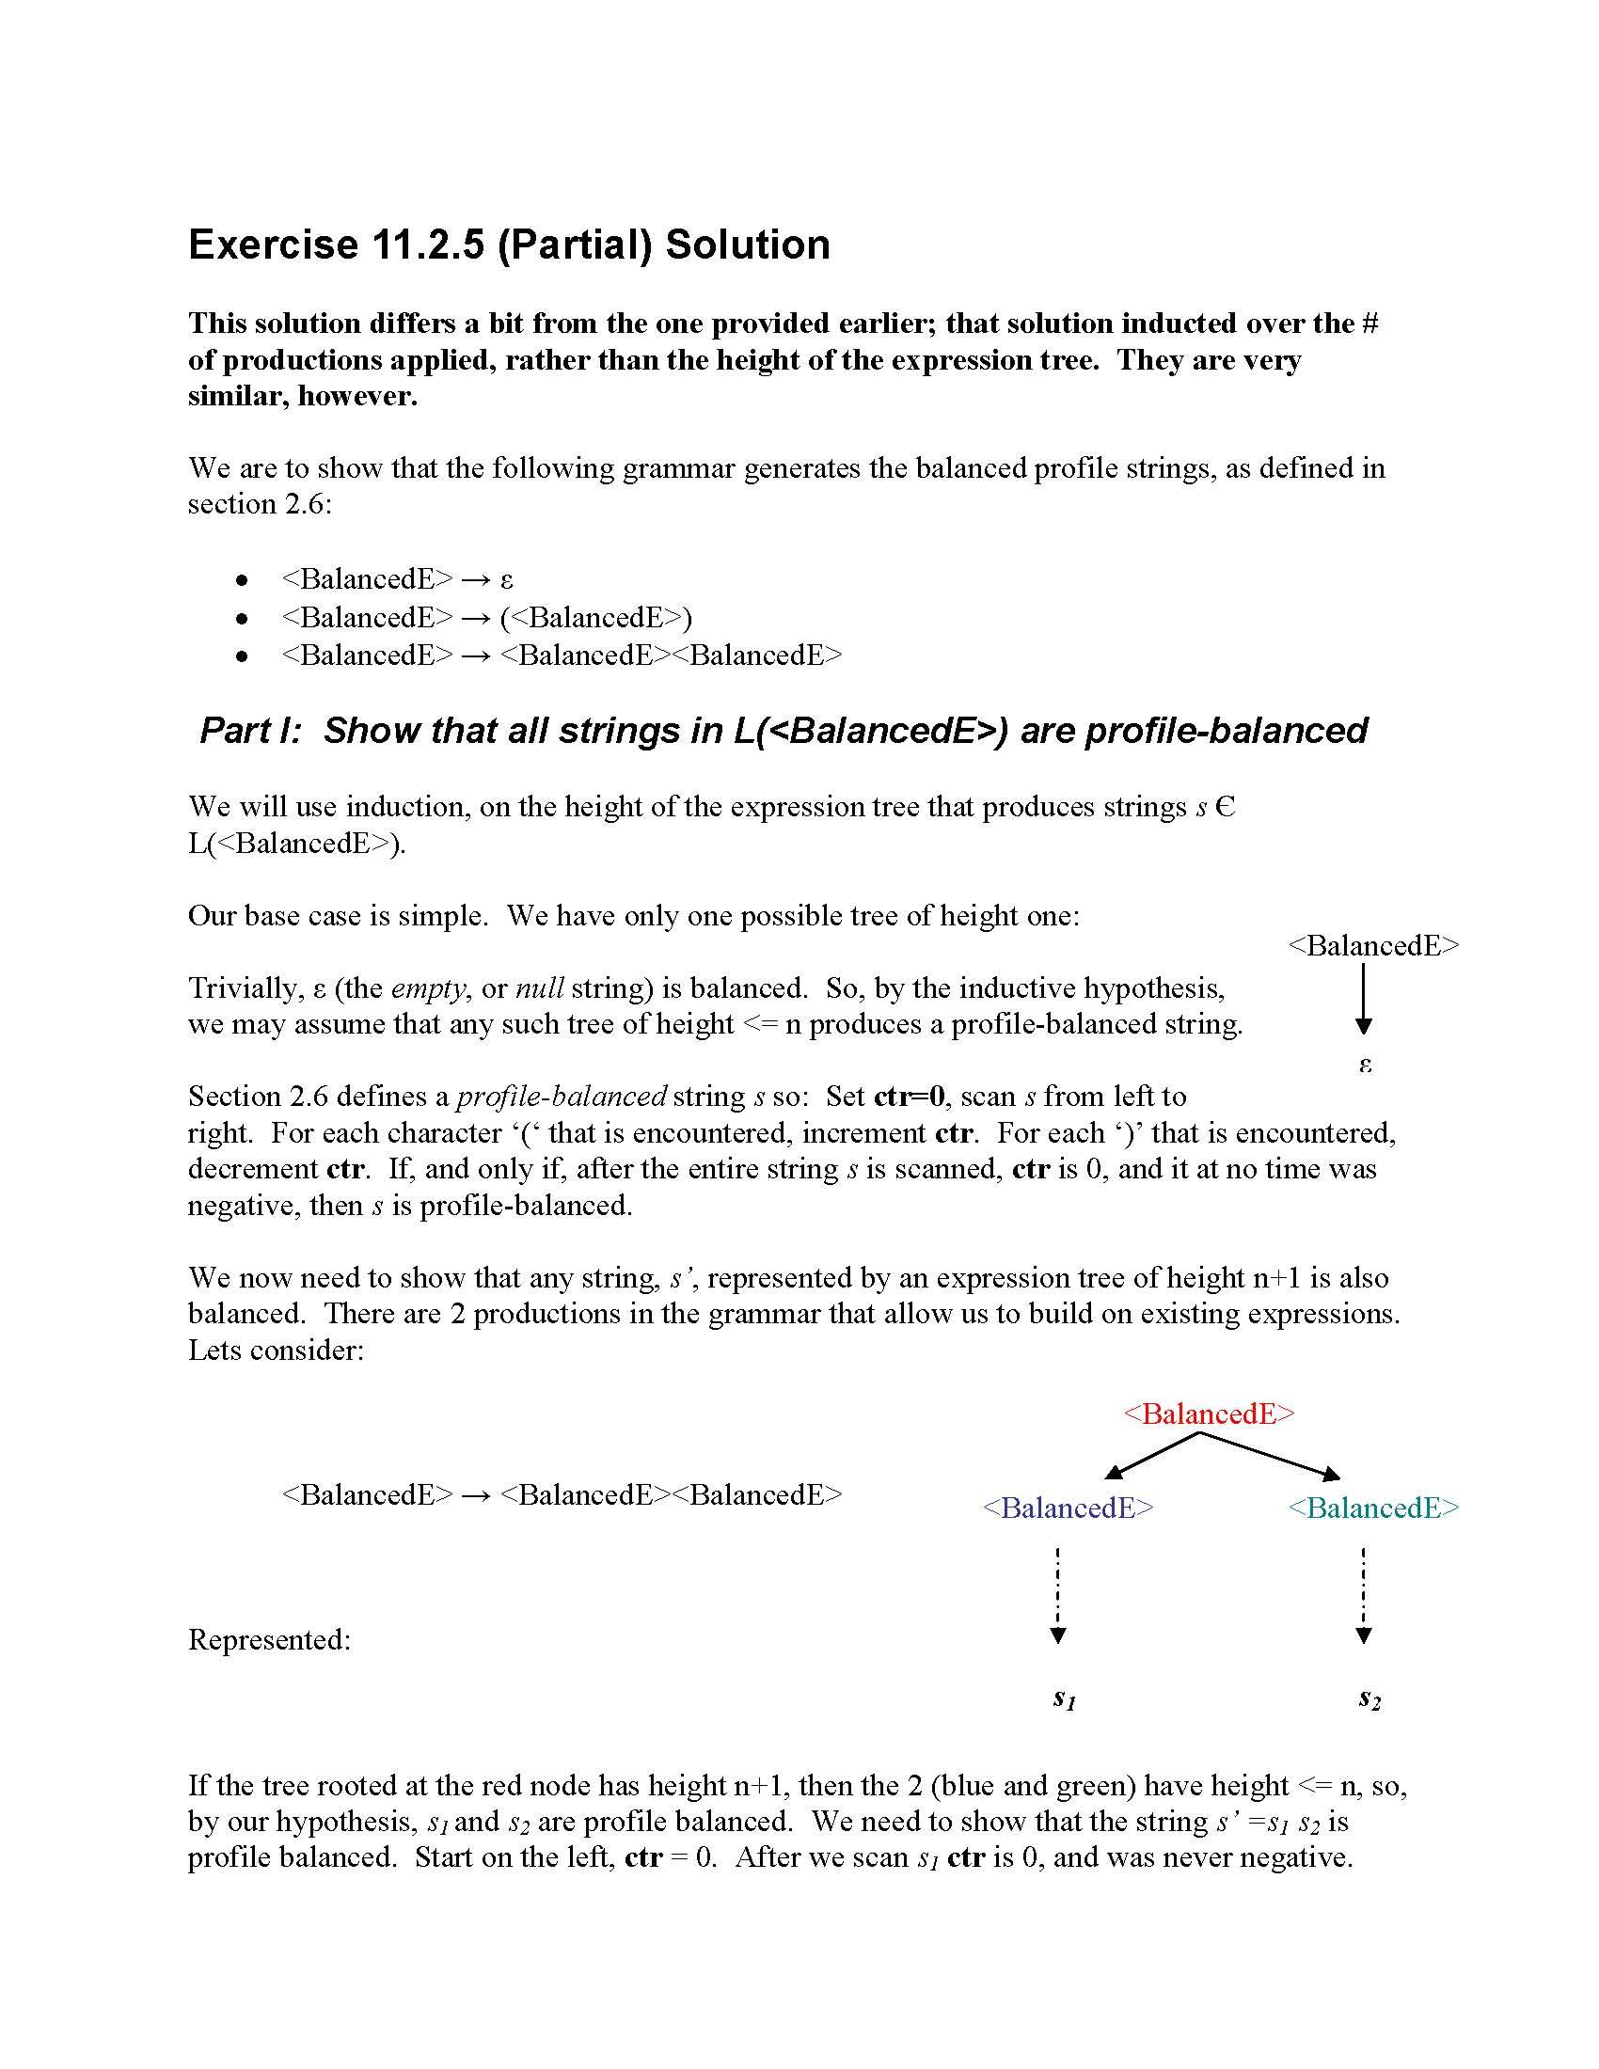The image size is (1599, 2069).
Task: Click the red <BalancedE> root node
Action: pos(1208,1414)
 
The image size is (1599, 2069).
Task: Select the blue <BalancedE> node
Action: pos(1069,1508)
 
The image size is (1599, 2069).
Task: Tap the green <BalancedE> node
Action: pos(1373,1508)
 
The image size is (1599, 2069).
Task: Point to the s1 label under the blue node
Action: pos(1064,1698)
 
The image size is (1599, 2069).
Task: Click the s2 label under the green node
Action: pos(1369,1698)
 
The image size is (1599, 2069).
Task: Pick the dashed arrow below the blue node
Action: pos(1058,1597)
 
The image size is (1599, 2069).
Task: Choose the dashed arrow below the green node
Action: pos(1363,1597)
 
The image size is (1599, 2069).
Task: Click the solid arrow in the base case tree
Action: pos(1363,999)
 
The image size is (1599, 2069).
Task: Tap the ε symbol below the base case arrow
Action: pos(1365,1065)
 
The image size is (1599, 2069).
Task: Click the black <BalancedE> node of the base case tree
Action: pos(1373,945)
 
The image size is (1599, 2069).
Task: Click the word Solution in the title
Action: pos(748,245)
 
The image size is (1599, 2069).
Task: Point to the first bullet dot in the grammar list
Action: pos(243,579)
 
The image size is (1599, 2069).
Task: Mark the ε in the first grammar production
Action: pos(507,579)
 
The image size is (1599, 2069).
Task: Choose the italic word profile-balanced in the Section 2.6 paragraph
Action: pos(562,1097)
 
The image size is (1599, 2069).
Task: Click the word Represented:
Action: pos(269,1640)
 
